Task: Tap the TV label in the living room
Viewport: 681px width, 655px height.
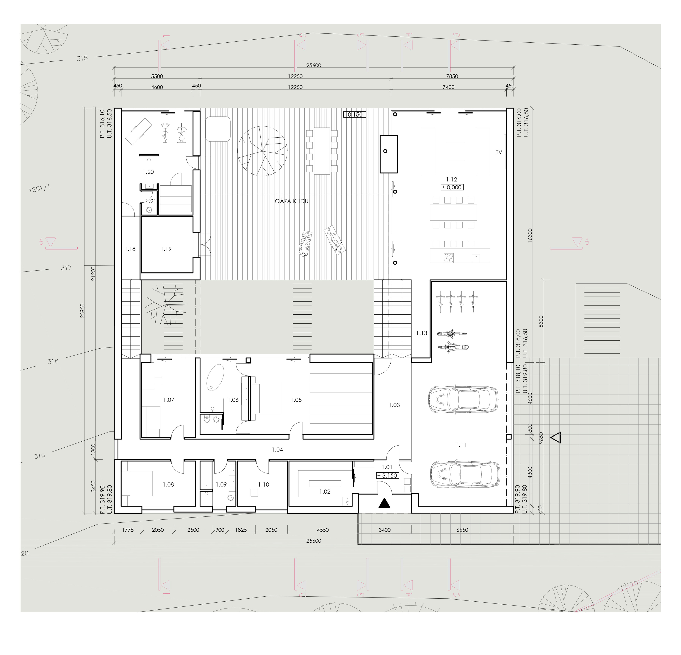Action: (x=499, y=152)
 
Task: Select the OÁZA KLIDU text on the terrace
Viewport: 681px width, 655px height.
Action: (x=292, y=201)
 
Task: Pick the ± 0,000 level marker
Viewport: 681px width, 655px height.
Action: (x=452, y=187)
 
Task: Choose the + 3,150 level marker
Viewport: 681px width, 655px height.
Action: (x=387, y=476)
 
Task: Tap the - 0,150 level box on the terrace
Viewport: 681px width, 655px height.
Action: (x=355, y=114)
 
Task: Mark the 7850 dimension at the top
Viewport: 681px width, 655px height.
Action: (x=452, y=76)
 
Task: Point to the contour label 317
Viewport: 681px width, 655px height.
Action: (x=66, y=268)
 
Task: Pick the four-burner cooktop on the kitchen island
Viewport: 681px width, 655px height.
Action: (x=449, y=257)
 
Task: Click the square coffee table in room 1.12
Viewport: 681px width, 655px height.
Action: (x=455, y=151)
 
